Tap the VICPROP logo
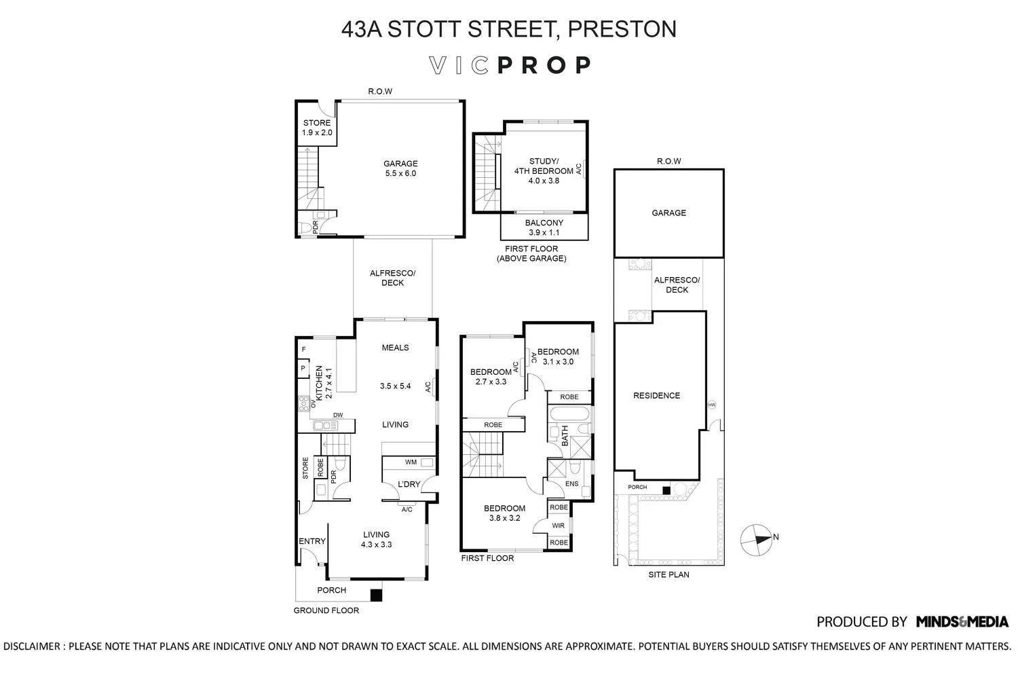(x=510, y=65)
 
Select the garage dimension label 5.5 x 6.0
(x=400, y=173)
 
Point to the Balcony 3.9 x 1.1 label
(x=544, y=227)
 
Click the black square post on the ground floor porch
(x=376, y=595)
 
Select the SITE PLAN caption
(x=668, y=574)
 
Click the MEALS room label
(x=395, y=348)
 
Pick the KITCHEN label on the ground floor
(x=319, y=382)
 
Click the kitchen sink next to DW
(x=326, y=426)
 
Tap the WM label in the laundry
(x=411, y=462)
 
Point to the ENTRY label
(x=312, y=541)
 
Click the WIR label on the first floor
(x=559, y=526)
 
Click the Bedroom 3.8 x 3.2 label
(x=504, y=513)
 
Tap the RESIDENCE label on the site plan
(x=656, y=395)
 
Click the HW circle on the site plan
(x=711, y=405)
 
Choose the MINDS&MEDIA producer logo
(x=962, y=621)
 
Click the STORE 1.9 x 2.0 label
(x=317, y=128)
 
